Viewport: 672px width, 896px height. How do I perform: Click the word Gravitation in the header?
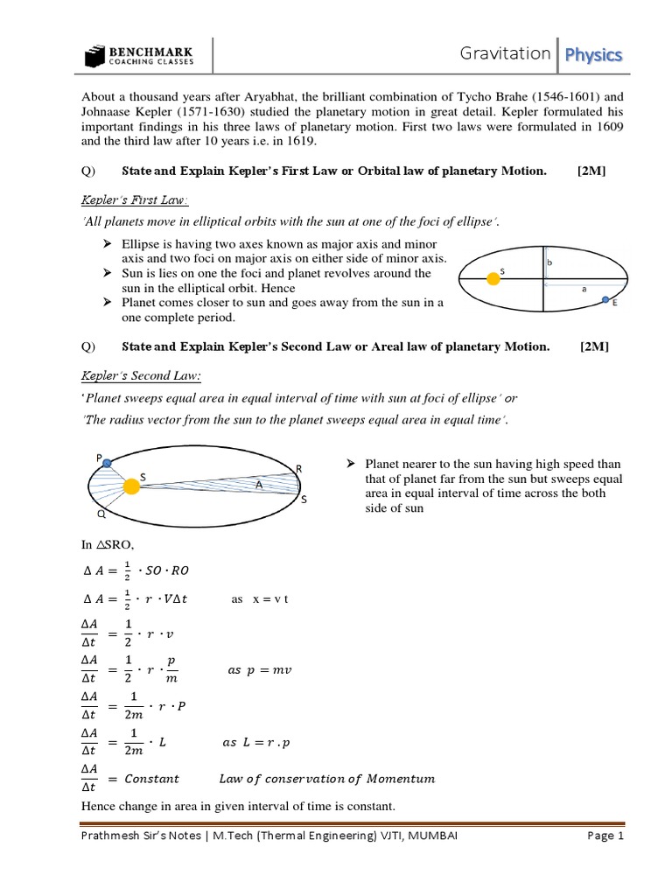pos(505,54)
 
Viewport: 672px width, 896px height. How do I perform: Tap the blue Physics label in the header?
pos(593,55)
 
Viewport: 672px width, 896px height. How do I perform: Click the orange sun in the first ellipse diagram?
pos(493,278)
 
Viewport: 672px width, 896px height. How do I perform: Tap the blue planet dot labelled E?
pos(606,301)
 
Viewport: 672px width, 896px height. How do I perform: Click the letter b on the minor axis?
pos(549,262)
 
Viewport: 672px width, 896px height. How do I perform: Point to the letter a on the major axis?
pos(583,287)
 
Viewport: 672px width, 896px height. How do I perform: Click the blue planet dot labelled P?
pos(106,464)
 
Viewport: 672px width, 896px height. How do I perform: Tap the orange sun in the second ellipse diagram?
pos(131,486)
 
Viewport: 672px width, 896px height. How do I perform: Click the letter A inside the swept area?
pos(258,484)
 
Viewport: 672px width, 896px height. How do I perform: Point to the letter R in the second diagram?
pos(298,470)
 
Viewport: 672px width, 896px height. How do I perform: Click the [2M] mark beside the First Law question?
pos(591,171)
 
